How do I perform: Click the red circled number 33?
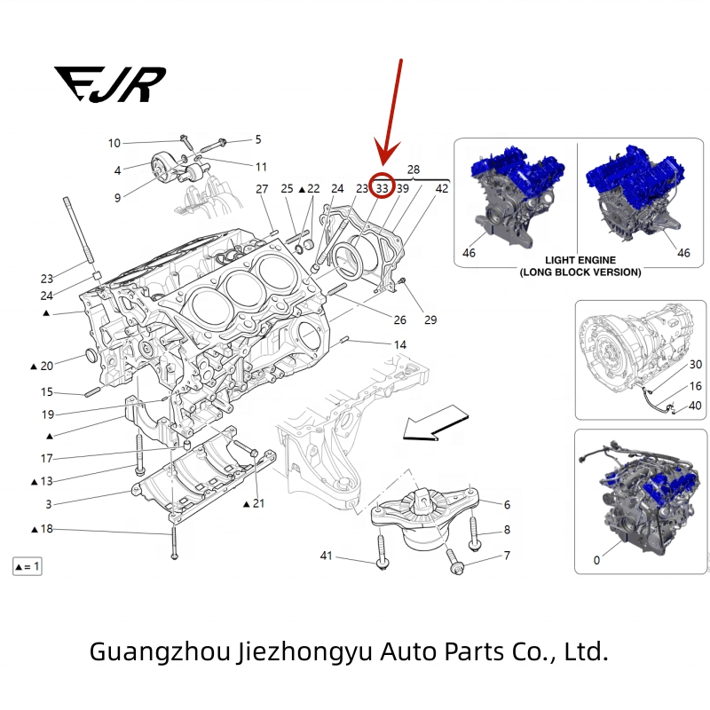pyautogui.click(x=382, y=187)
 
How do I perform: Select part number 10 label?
pyautogui.click(x=114, y=143)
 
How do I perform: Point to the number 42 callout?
pyautogui.click(x=441, y=188)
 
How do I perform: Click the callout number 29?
pyautogui.click(x=431, y=319)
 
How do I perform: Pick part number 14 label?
pyautogui.click(x=400, y=344)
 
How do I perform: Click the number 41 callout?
pyautogui.click(x=326, y=556)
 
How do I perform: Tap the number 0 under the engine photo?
pyautogui.click(x=596, y=561)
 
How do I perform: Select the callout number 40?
pyautogui.click(x=695, y=406)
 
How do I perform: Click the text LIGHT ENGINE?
pyautogui.click(x=580, y=262)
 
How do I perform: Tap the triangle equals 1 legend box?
pyautogui.click(x=27, y=566)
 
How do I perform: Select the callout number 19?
pyautogui.click(x=47, y=414)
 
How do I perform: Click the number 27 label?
pyautogui.click(x=262, y=188)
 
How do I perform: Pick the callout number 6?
pyautogui.click(x=507, y=505)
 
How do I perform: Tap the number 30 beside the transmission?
pyautogui.click(x=695, y=365)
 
